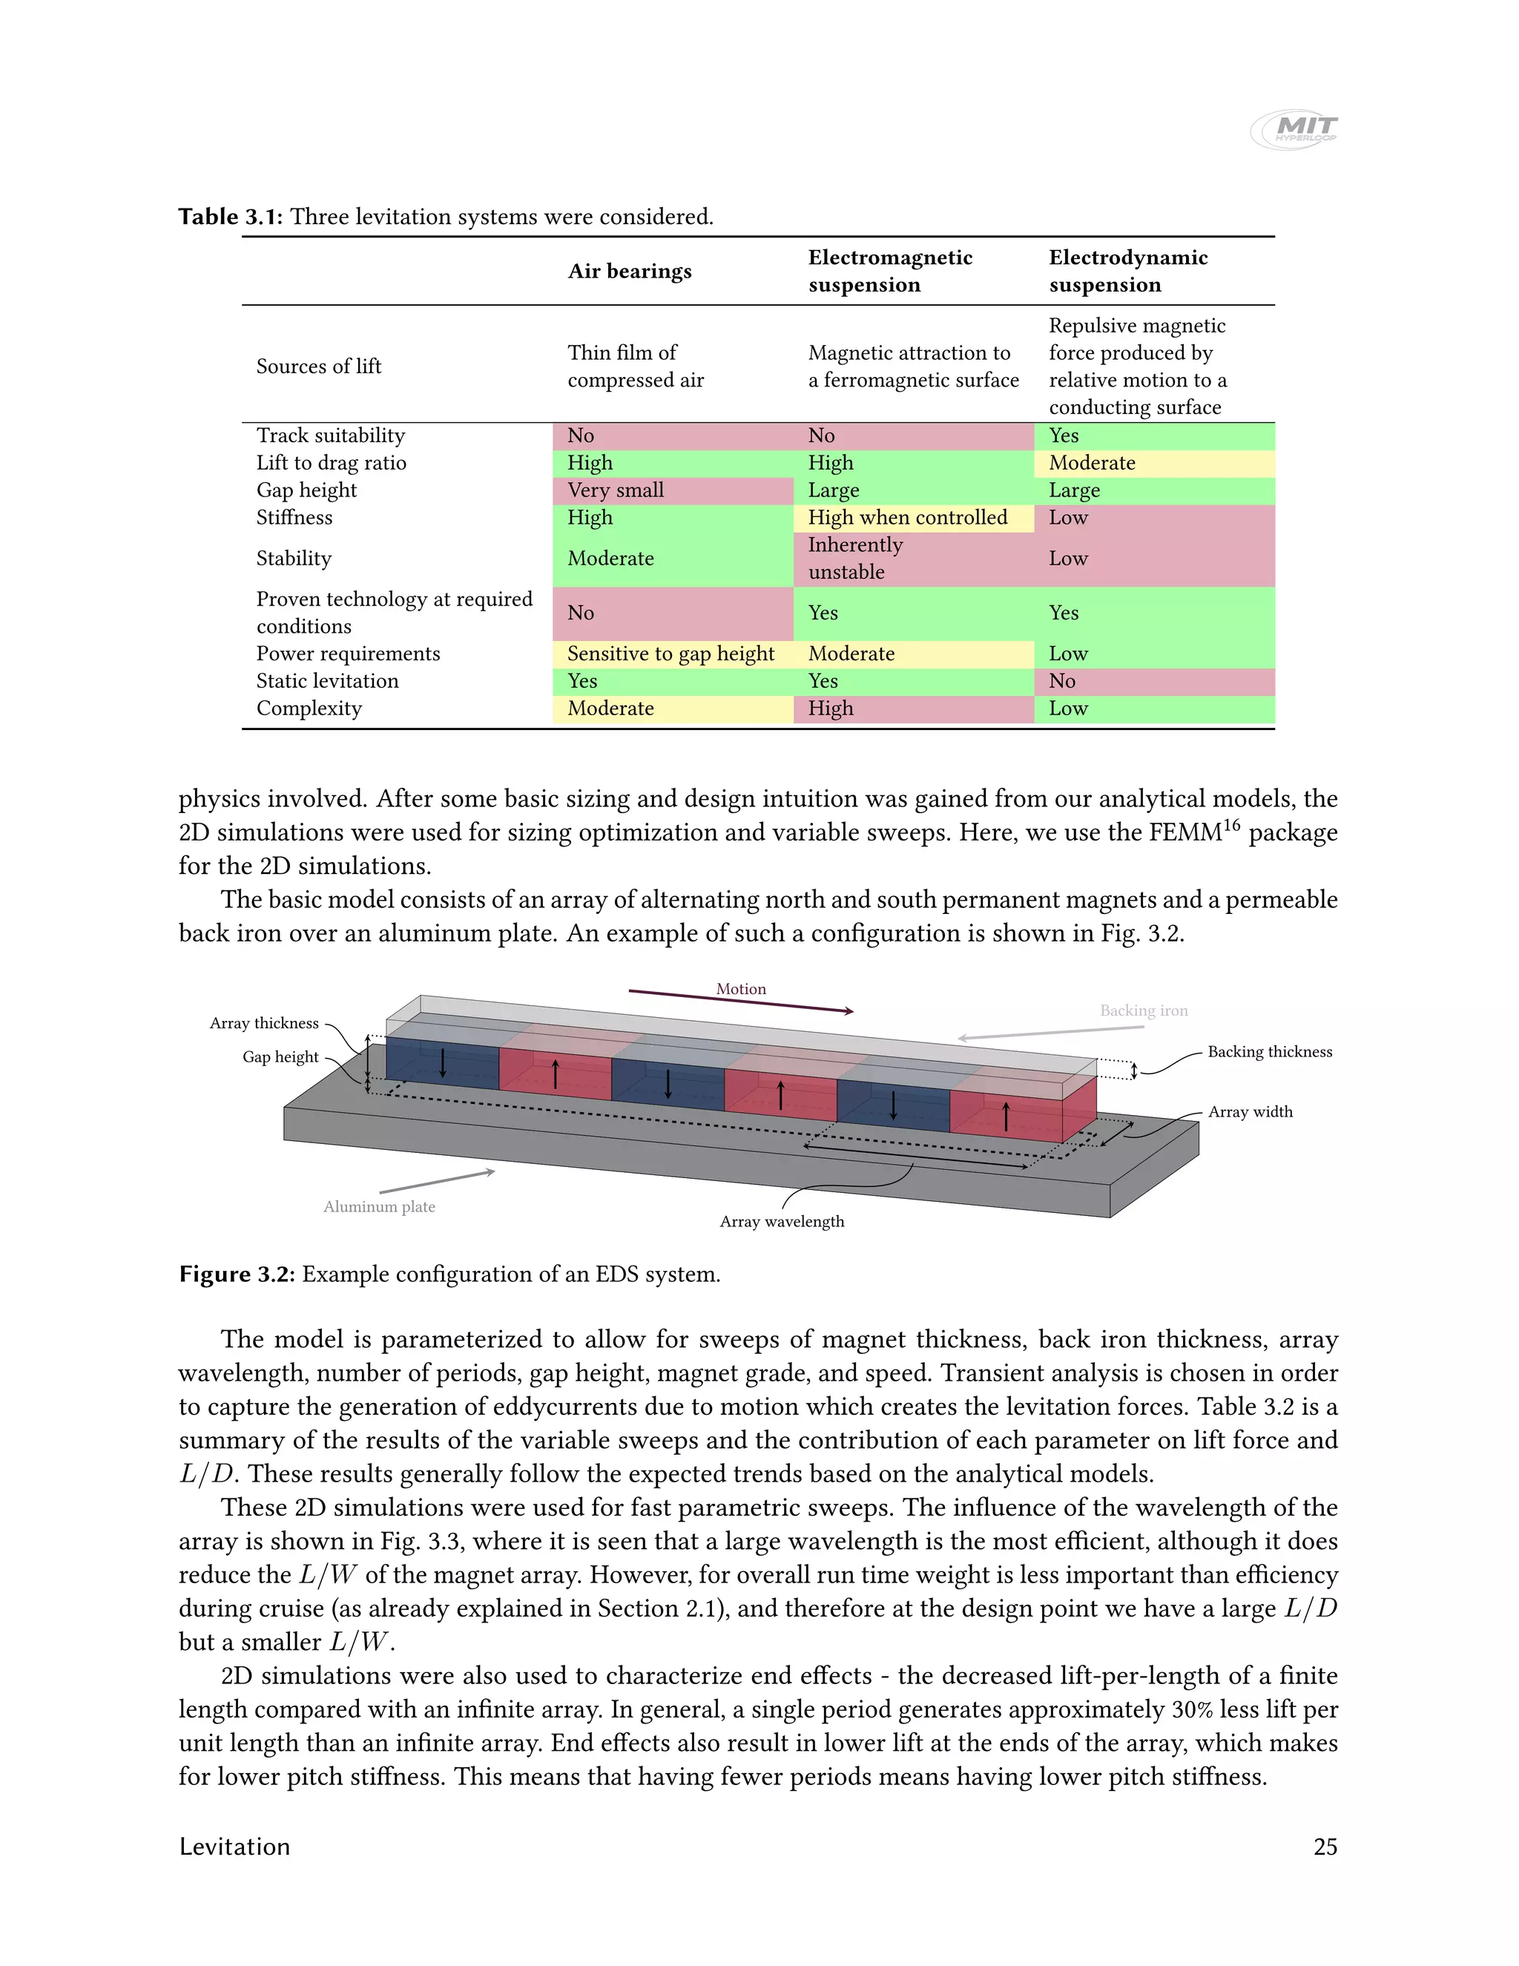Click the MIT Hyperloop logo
click(1294, 130)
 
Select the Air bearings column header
click(629, 271)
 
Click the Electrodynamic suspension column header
click(1127, 271)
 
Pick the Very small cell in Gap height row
click(616, 490)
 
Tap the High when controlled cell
click(907, 518)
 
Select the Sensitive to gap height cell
click(670, 654)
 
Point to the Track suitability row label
click(330, 435)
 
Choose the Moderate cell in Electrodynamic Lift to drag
click(1092, 463)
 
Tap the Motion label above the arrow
click(741, 988)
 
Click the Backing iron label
click(1143, 1011)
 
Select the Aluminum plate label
click(379, 1206)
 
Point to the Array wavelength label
click(781, 1222)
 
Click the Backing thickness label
click(1269, 1051)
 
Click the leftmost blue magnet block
click(443, 1064)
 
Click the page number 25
click(1325, 1847)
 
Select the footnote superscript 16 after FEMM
click(1231, 824)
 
